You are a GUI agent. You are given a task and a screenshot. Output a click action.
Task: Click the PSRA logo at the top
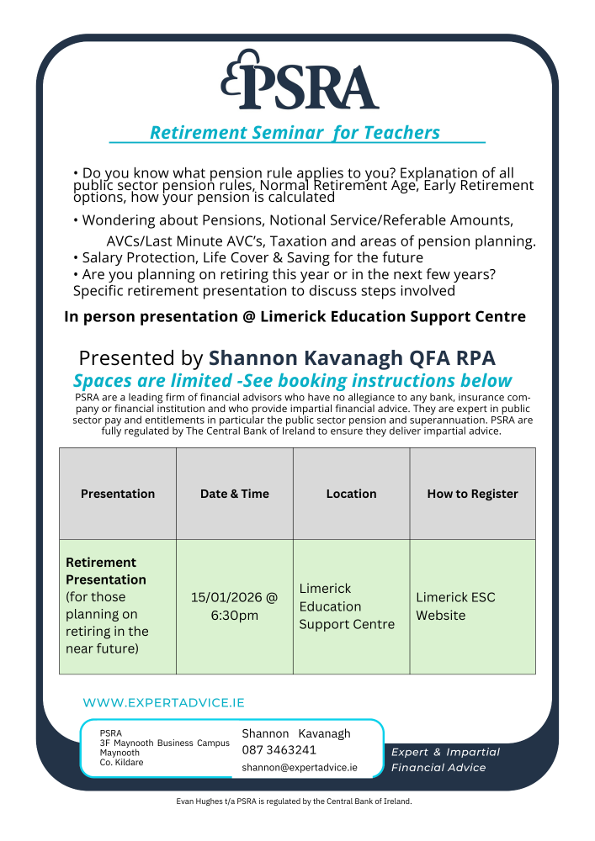(x=300, y=81)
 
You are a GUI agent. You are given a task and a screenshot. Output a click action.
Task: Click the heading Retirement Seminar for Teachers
(x=295, y=133)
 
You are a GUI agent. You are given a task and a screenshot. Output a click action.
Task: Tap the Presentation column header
(x=118, y=494)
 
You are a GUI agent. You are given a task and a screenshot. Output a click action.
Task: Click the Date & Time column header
(x=234, y=494)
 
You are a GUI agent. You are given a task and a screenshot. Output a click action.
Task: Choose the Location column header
(x=351, y=494)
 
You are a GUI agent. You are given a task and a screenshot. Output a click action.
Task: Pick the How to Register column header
(x=472, y=494)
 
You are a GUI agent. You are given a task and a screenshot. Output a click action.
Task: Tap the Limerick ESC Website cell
(x=455, y=606)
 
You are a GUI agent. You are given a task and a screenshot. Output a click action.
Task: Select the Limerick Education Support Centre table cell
(x=346, y=606)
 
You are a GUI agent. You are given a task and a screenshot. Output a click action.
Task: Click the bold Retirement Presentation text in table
(x=106, y=571)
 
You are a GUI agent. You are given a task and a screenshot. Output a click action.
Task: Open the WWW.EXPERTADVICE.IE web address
(x=163, y=703)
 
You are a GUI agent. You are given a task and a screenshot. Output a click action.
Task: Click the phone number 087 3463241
(x=279, y=750)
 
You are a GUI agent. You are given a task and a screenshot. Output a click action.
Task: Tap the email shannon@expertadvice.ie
(x=299, y=768)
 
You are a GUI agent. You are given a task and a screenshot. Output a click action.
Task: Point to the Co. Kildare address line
(x=121, y=763)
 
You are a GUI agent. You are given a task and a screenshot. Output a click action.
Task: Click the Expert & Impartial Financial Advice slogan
(x=445, y=759)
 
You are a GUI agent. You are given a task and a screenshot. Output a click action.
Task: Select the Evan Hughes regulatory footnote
(x=294, y=801)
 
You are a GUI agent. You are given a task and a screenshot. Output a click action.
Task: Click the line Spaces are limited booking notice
(x=292, y=380)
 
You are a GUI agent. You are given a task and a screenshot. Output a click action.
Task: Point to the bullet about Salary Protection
(x=248, y=257)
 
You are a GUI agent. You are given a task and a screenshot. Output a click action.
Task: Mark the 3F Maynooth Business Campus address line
(x=164, y=743)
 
